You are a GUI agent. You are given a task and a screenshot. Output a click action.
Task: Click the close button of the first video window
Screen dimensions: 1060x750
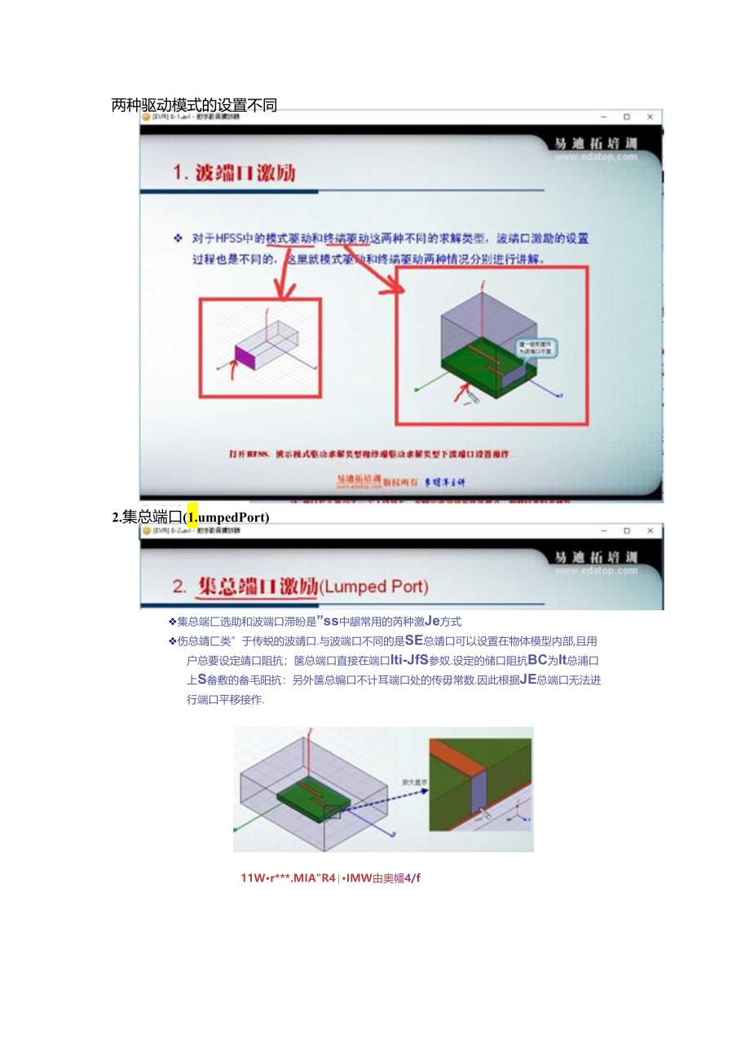tap(650, 117)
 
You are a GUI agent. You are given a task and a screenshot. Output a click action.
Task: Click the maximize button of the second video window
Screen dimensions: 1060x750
tap(626, 530)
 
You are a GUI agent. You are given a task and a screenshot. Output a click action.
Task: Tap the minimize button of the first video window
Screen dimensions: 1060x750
tap(603, 117)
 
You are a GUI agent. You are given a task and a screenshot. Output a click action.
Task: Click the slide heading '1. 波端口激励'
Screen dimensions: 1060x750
tap(235, 173)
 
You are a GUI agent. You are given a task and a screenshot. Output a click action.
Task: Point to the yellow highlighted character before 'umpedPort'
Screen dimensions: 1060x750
tap(192, 517)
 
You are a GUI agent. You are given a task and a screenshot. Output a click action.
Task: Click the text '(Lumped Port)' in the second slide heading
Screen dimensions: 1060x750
tap(373, 587)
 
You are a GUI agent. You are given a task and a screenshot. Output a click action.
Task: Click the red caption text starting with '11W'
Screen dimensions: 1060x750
tap(330, 877)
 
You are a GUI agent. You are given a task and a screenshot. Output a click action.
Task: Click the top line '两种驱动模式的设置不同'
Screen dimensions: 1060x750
tap(194, 105)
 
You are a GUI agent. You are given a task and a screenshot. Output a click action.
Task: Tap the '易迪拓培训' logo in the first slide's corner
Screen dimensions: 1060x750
tap(595, 143)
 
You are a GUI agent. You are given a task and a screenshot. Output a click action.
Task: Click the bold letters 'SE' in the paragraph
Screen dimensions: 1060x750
tap(413, 640)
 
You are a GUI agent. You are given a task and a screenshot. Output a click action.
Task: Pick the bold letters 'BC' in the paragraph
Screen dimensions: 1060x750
tap(537, 660)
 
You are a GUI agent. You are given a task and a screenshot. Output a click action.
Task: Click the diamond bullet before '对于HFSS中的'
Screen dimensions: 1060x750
tap(178, 238)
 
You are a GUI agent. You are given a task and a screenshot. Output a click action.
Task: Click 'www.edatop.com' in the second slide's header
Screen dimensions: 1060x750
tap(596, 570)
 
